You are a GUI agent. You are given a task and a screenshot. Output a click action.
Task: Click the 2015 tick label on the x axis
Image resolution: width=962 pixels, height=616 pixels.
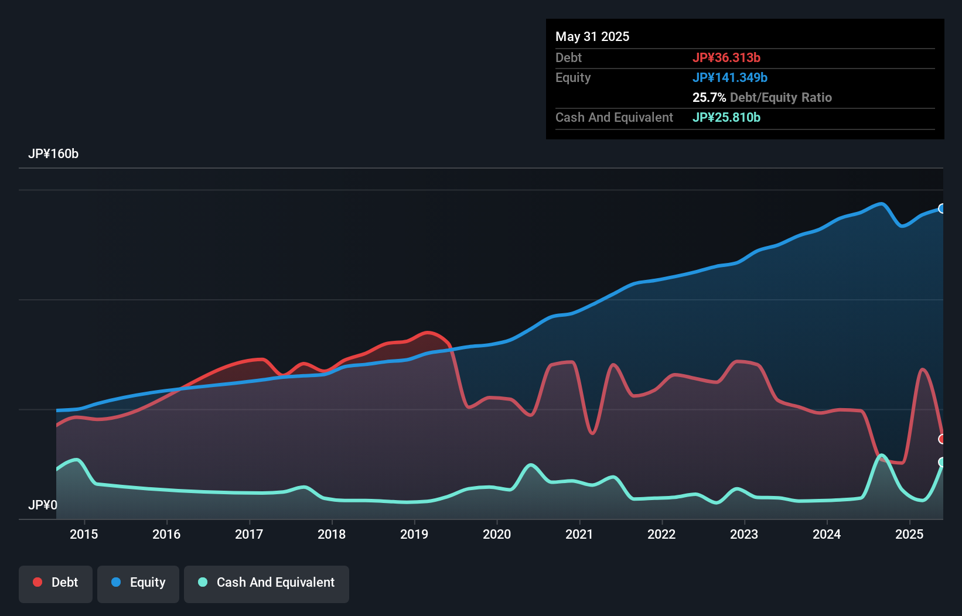(84, 534)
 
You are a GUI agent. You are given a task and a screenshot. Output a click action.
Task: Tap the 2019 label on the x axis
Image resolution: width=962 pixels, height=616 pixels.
(414, 534)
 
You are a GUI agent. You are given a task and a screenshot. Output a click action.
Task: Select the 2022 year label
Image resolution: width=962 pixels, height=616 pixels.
(661, 534)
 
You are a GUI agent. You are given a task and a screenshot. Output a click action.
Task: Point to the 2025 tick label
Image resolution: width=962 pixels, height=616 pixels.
(909, 534)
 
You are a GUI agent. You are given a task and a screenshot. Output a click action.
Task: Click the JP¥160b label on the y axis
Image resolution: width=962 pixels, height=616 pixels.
(53, 153)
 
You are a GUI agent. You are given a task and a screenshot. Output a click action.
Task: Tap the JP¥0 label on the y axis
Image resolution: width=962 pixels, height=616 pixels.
(43, 505)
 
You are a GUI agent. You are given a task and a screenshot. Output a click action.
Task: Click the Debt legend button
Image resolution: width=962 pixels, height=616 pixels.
(56, 583)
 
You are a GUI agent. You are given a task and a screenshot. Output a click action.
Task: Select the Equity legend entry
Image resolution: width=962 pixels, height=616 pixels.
(138, 583)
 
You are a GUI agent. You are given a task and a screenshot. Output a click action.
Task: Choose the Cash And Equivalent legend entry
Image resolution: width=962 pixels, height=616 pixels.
(267, 583)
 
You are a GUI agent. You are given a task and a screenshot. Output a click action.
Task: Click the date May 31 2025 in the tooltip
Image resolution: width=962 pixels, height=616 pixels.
(592, 36)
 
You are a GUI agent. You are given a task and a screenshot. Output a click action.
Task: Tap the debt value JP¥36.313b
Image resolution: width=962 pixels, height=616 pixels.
(726, 57)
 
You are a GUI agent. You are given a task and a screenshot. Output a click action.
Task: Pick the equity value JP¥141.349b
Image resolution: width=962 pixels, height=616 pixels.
(730, 77)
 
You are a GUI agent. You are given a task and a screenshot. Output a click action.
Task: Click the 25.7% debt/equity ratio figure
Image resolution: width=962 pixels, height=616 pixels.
(709, 97)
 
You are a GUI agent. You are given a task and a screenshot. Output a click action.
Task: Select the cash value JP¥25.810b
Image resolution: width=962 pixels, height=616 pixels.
(726, 117)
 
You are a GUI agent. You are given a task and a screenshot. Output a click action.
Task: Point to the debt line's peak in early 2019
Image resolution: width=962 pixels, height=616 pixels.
(429, 333)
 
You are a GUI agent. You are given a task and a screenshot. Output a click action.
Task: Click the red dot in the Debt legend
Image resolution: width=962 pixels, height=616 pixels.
(37, 582)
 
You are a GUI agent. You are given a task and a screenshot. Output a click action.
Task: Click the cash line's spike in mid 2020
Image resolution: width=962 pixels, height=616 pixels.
(531, 465)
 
